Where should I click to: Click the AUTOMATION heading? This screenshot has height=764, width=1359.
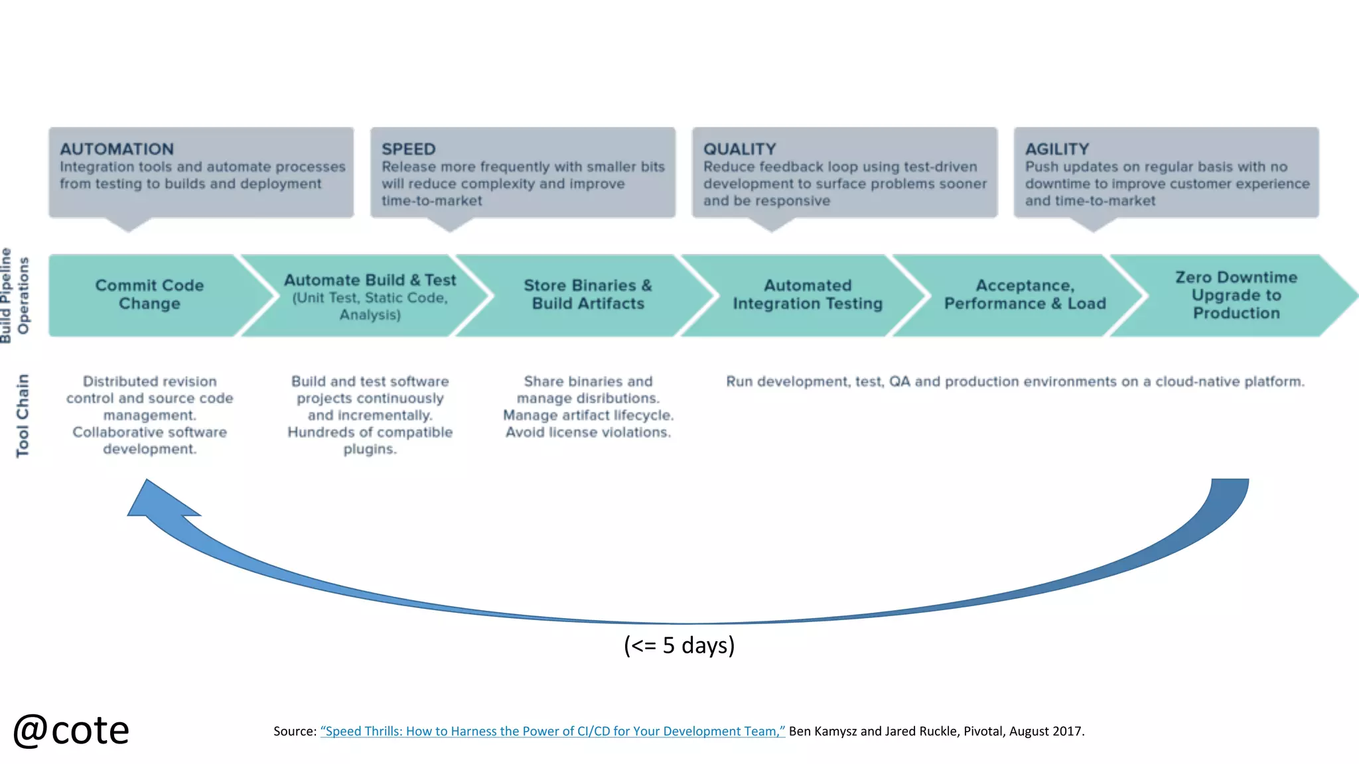[x=117, y=149]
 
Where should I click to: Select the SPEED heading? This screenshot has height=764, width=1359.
[x=408, y=149]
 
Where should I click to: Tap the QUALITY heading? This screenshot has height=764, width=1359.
[x=739, y=149]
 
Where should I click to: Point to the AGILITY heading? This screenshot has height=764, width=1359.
[x=1056, y=149]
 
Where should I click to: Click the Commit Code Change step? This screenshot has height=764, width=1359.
[x=149, y=294]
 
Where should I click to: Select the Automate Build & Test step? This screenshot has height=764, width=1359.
[x=370, y=296]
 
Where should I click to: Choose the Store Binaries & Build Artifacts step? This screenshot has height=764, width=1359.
[x=588, y=294]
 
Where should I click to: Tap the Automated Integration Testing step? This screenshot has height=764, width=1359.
[x=808, y=294]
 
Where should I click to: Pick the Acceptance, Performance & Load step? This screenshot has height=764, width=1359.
[x=1025, y=294]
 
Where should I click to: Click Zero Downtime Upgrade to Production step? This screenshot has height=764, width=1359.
[x=1236, y=295]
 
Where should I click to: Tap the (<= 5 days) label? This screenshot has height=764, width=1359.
[x=679, y=645]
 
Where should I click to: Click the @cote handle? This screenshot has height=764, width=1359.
[x=71, y=730]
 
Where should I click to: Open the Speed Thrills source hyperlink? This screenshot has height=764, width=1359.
[x=552, y=731]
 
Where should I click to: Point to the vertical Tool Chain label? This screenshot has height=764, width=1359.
[x=23, y=416]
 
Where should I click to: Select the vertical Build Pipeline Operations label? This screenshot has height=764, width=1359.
[x=15, y=296]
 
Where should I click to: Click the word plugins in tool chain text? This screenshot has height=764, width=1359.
[x=370, y=450]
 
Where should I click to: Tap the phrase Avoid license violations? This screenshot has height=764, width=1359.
[x=588, y=432]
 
